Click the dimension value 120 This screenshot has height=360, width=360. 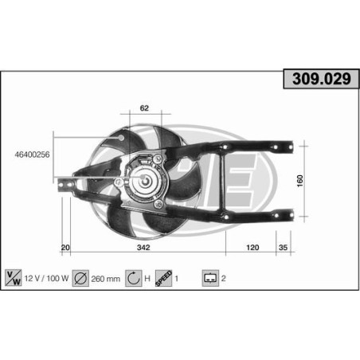pos(252,248)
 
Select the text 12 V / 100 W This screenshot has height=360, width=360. pos(45,279)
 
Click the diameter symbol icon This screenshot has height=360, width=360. pos(80,279)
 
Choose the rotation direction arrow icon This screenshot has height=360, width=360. pos(133,279)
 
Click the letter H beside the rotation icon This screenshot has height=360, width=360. pos(148,279)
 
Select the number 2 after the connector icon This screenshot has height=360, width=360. pos(225,279)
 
